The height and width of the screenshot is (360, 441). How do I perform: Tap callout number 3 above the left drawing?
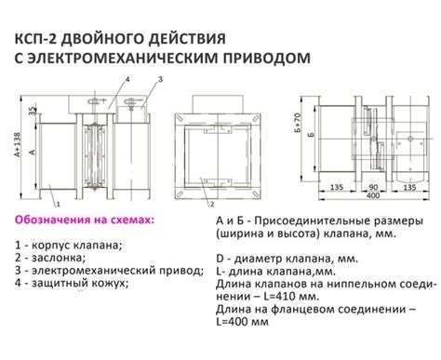(x=159, y=81)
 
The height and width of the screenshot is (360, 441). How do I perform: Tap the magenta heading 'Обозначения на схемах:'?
(x=86, y=222)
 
